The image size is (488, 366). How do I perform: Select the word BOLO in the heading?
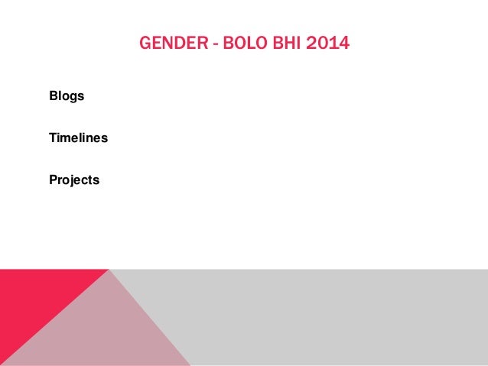[x=246, y=44]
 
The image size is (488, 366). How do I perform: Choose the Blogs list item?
[x=67, y=97]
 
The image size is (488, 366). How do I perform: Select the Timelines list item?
[x=78, y=138]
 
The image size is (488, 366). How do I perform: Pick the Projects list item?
[x=74, y=180]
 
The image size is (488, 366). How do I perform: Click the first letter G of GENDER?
[x=145, y=44]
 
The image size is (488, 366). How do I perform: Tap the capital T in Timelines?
[x=53, y=138]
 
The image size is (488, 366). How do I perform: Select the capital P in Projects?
[x=54, y=180]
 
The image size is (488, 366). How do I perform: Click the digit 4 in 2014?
[x=343, y=44]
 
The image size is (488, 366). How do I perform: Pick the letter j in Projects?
[x=71, y=181]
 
